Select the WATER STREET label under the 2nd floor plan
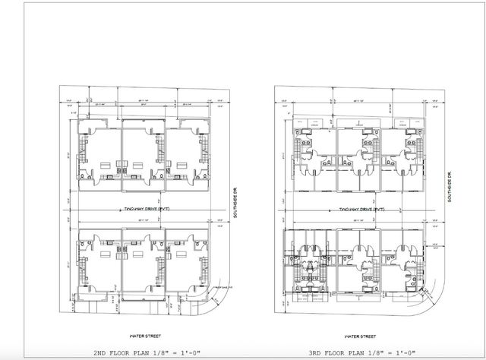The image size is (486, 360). (x=144, y=334)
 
